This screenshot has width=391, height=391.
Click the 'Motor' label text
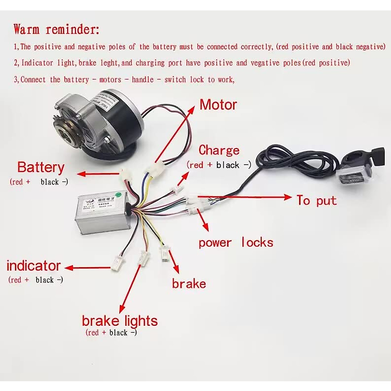[x=218, y=105]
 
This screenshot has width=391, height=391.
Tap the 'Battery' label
[x=41, y=167]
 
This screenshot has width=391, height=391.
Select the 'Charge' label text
[x=219, y=150]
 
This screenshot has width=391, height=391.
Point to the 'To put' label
[x=316, y=200]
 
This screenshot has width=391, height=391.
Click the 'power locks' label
[x=236, y=243]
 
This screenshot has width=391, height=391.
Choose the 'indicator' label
[x=34, y=266]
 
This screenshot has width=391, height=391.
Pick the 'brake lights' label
[x=120, y=321]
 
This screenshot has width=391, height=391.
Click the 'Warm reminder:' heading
[x=56, y=29]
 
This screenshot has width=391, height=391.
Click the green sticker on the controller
[x=119, y=195]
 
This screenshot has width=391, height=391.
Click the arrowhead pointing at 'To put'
[x=287, y=197]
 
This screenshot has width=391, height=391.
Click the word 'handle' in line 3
[x=142, y=80]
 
